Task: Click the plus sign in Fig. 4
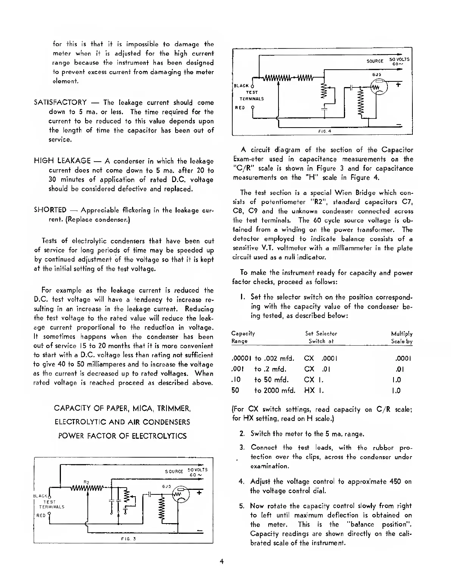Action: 398,85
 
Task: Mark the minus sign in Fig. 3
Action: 199,529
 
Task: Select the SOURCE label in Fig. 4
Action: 375,61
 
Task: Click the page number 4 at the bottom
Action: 222,561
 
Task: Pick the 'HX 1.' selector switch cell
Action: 314,391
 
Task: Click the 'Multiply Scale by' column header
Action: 401,337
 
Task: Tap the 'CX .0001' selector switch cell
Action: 320,358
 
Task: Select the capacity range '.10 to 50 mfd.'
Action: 260,380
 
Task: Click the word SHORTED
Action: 50,210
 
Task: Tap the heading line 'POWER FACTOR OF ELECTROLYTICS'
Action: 122,436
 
